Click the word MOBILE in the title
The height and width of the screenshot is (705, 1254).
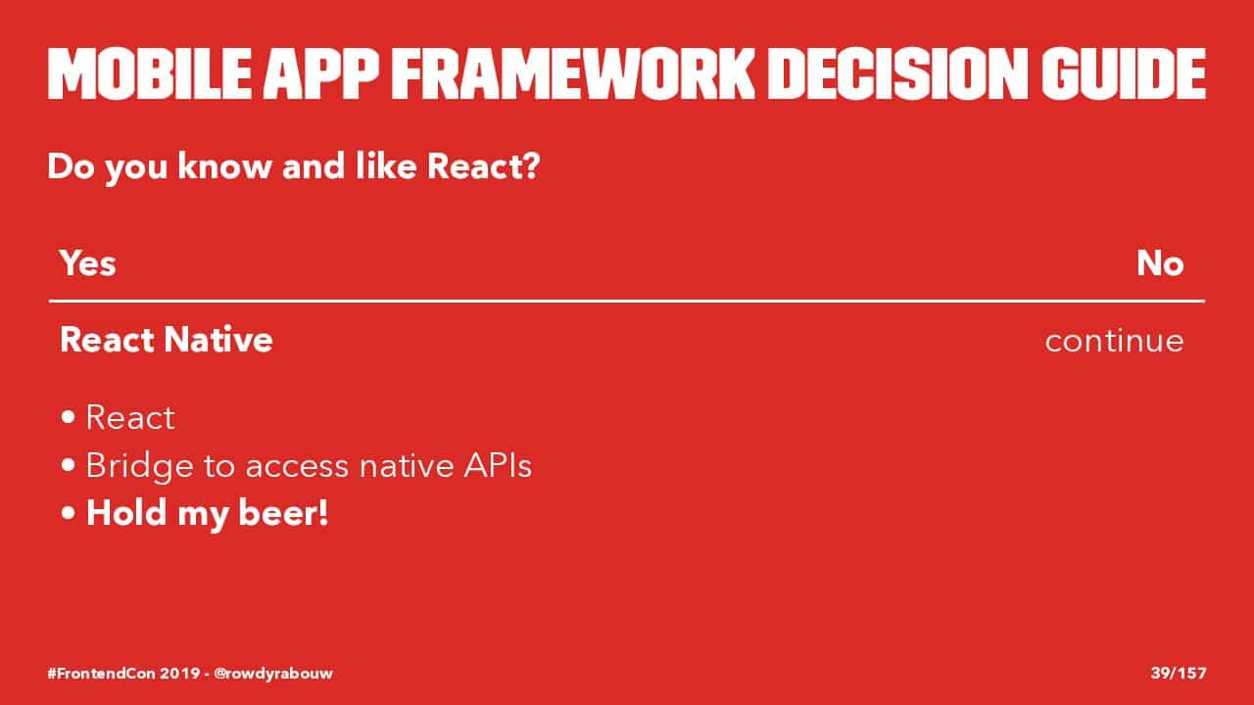(150, 73)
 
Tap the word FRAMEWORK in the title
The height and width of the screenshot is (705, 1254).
(573, 73)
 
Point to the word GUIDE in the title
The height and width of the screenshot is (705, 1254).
(1124, 73)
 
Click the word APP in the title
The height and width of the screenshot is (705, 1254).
(321, 73)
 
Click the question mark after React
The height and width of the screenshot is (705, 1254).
(530, 166)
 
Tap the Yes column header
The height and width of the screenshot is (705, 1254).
(88, 263)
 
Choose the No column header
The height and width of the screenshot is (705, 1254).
(1160, 263)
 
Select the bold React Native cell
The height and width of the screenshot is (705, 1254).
(167, 340)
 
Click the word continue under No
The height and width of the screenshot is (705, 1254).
(1115, 341)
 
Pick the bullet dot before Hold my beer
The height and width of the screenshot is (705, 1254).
(69, 513)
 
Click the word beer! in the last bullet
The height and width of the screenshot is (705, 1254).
(283, 512)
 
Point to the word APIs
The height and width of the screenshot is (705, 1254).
(498, 465)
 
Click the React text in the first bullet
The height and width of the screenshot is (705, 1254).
(130, 417)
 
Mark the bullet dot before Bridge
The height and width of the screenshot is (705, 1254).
(69, 465)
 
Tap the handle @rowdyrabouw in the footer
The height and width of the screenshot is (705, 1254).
(273, 673)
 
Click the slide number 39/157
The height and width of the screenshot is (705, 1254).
(1179, 673)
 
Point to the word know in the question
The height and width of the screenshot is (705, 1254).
(225, 166)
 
